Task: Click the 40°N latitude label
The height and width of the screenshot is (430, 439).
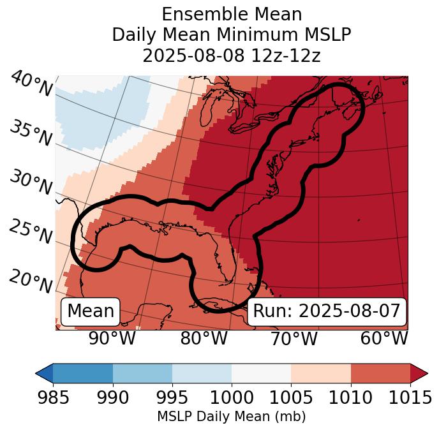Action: click(31, 85)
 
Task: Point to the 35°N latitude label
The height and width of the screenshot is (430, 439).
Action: click(31, 133)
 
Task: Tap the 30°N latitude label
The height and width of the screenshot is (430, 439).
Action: click(31, 182)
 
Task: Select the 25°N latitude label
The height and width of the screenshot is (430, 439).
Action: click(31, 232)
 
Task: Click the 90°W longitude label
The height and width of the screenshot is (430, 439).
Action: click(112, 339)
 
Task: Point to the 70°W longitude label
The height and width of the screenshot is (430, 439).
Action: click(294, 339)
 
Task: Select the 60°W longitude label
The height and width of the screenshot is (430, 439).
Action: click(384, 339)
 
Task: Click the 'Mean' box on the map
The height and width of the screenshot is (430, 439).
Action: click(91, 311)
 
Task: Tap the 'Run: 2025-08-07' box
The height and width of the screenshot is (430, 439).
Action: click(327, 311)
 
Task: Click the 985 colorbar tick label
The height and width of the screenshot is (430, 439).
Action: click(53, 397)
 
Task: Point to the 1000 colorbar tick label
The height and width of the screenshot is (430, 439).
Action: click(232, 397)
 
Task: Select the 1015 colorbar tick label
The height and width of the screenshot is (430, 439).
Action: click(410, 397)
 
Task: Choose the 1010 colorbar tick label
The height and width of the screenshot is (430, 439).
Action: click(351, 397)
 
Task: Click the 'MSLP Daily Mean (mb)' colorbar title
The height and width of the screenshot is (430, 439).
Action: click(231, 417)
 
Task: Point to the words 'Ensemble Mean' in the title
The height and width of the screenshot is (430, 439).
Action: click(232, 14)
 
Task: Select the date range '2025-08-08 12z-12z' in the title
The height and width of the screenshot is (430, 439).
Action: click(232, 56)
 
